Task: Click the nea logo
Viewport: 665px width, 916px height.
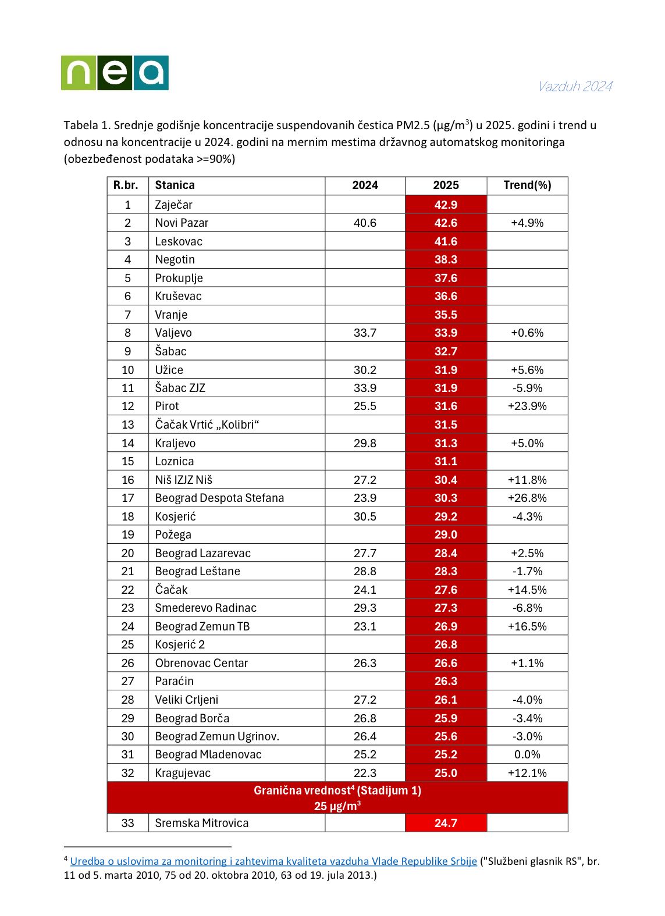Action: (x=115, y=73)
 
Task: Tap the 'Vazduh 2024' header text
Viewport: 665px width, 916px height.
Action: (x=574, y=87)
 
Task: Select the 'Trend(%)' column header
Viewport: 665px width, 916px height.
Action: (x=527, y=186)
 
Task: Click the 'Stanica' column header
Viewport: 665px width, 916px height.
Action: (x=175, y=186)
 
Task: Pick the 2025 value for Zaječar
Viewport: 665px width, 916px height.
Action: (x=446, y=205)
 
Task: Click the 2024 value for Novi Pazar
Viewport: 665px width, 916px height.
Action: (x=365, y=223)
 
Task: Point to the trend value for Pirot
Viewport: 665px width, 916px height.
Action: (x=527, y=406)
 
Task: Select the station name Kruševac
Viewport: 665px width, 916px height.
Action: (x=178, y=296)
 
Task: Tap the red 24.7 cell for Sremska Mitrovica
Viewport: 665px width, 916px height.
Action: (x=446, y=823)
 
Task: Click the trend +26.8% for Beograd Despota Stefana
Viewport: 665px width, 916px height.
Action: (x=527, y=498)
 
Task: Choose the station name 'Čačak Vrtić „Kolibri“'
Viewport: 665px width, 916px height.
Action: (x=207, y=425)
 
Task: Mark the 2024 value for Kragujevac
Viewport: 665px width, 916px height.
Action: (x=365, y=773)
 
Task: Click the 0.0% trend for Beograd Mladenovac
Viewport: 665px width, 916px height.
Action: (x=527, y=754)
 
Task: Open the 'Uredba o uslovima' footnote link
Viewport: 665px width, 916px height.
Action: (x=273, y=861)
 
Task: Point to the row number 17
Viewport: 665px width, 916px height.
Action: (x=127, y=498)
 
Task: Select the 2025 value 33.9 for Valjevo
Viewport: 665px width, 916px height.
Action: (x=446, y=333)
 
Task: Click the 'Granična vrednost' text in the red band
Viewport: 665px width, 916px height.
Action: (x=337, y=790)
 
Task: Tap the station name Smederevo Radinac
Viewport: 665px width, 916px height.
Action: (x=205, y=608)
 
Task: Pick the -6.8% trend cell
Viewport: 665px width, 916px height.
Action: (x=527, y=608)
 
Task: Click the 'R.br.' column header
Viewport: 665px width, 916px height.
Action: (x=126, y=186)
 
